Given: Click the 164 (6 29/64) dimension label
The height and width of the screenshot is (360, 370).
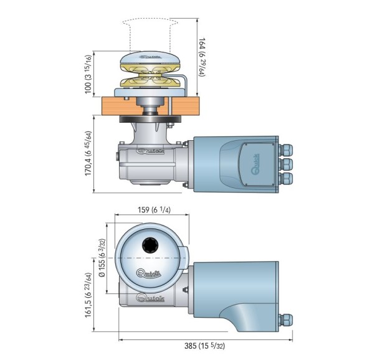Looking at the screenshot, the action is click(x=202, y=57).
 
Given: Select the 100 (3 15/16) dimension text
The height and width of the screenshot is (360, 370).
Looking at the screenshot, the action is click(x=88, y=74).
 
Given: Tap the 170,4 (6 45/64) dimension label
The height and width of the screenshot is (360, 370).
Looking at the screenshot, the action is click(x=88, y=153).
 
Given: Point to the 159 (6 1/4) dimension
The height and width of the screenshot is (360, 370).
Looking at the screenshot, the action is click(x=154, y=209).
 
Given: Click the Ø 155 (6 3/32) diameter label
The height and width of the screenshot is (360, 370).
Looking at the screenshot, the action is click(x=102, y=258).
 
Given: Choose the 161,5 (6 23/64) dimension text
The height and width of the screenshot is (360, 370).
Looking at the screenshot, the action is click(x=88, y=295).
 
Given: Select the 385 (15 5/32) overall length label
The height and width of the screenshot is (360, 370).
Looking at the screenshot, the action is click(x=204, y=346).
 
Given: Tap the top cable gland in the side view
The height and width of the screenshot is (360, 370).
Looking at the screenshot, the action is click(x=285, y=150).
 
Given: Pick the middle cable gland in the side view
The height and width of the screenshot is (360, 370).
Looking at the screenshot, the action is click(x=285, y=164).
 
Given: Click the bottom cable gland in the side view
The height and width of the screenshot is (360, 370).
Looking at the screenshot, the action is click(x=285, y=179).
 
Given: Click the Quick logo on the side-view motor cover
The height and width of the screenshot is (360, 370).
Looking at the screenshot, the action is click(x=255, y=164).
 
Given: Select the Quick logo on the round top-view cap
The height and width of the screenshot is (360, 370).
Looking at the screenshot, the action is click(x=149, y=273).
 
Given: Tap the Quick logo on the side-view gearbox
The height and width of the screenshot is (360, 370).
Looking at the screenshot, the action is click(x=150, y=151).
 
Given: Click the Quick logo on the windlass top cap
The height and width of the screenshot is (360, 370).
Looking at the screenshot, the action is click(x=150, y=57).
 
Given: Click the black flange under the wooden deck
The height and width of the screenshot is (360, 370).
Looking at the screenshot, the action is click(x=150, y=119).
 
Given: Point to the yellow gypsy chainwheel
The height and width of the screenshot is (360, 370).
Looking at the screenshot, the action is click(x=150, y=75).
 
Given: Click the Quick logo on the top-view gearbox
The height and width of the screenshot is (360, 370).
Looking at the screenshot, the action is click(x=150, y=298).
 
